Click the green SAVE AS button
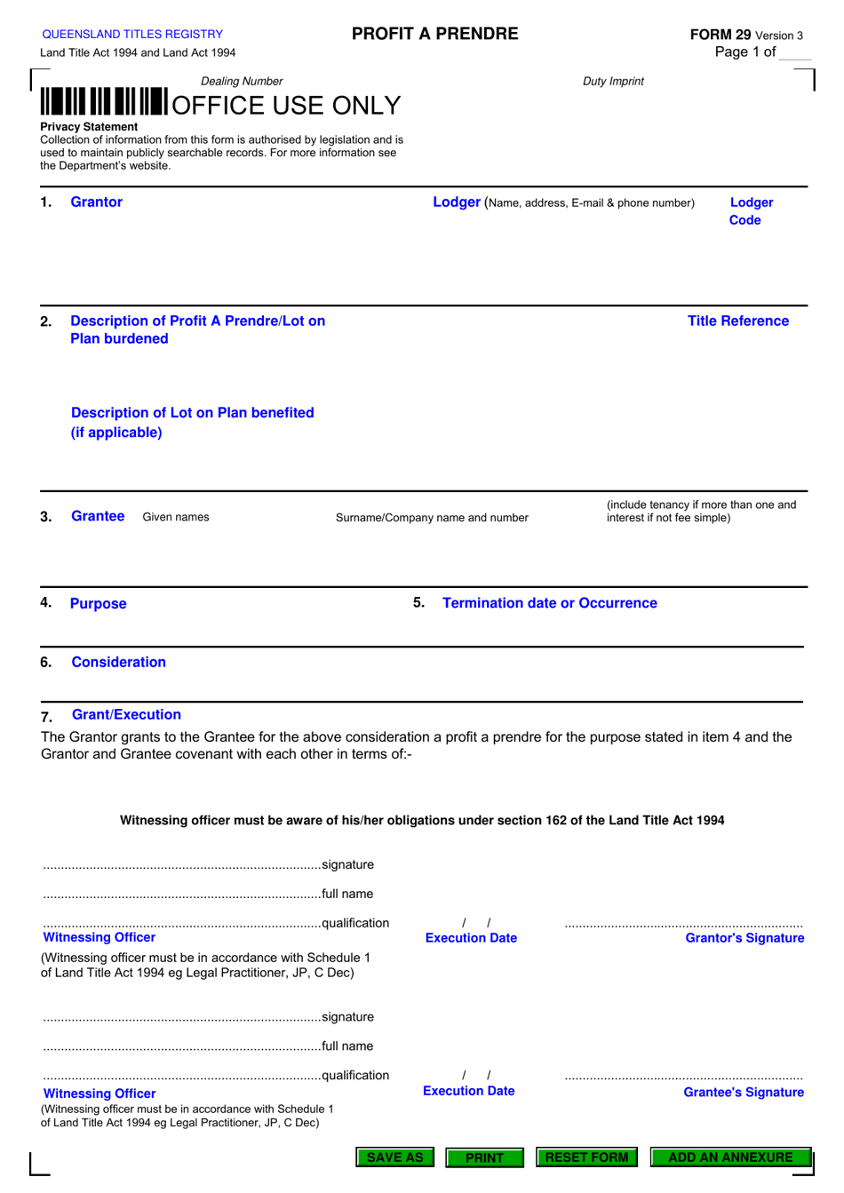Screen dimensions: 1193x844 [x=395, y=1157]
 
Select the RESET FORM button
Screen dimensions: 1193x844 [x=586, y=1157]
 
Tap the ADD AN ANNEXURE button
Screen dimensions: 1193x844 [x=730, y=1157]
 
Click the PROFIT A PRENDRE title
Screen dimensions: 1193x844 [x=434, y=34]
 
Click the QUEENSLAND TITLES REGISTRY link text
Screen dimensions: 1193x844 [x=132, y=34]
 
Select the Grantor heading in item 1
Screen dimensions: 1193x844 [x=96, y=202]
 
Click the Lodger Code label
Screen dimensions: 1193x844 [x=750, y=211]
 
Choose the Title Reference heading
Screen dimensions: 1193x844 [x=737, y=321]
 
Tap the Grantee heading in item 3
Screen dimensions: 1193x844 [x=98, y=516]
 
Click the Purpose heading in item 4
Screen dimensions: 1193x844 [x=98, y=603]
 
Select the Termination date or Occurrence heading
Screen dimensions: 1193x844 [x=549, y=603]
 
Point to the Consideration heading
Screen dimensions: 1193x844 [x=118, y=662]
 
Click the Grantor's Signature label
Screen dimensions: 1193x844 [x=744, y=938]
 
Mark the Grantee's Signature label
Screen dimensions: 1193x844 [x=743, y=1093]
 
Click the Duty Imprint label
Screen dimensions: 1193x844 [x=613, y=81]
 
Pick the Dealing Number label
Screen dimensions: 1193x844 [x=242, y=81]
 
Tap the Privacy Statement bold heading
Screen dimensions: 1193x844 [x=89, y=127]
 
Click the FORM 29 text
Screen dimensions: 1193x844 [x=721, y=35]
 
